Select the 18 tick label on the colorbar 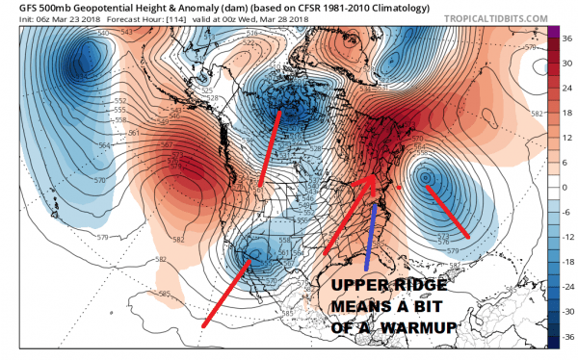click(567, 112)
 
